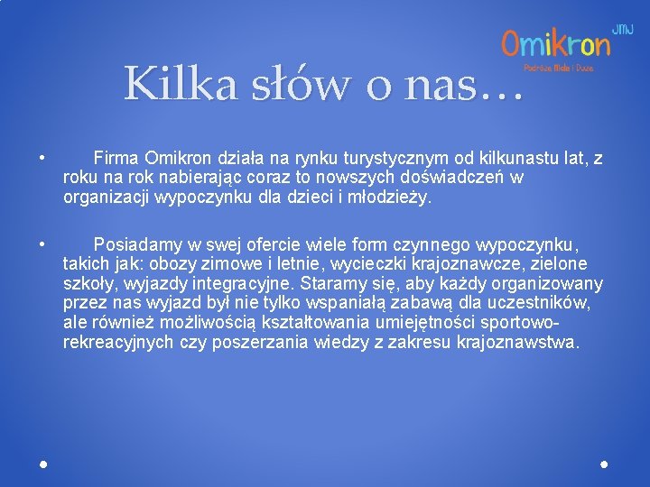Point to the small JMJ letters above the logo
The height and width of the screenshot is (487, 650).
tap(622, 29)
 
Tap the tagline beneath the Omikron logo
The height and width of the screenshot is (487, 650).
tap(559, 67)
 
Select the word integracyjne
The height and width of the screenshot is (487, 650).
tap(242, 284)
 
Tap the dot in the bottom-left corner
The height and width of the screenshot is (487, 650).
tap(43, 464)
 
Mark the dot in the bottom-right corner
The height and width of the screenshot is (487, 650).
tap(604, 464)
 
